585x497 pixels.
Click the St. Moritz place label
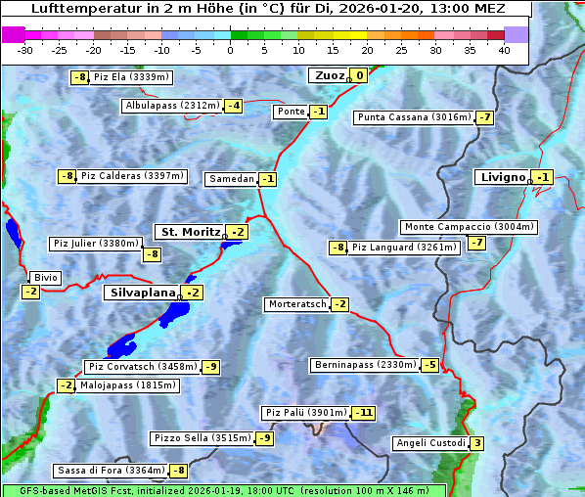coord(190,232)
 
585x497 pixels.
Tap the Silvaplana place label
coord(142,293)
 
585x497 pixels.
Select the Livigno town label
coord(503,177)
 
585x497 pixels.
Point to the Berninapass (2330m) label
coord(365,365)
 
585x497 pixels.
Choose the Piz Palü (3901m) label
coord(304,413)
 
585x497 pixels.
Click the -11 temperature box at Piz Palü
coord(363,413)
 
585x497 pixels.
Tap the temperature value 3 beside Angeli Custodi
coord(476,443)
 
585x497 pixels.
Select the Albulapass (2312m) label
coord(172,106)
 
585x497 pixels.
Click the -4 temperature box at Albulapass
coord(233,106)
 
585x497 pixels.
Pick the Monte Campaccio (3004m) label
coord(469,227)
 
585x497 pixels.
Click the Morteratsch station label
coord(296,304)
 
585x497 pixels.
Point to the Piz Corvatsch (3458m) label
coord(141,367)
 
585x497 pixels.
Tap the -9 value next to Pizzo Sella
coord(264,438)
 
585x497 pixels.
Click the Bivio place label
coord(45,278)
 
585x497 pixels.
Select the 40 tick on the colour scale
coord(504,50)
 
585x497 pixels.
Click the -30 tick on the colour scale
coord(25,50)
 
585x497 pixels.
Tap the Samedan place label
coord(231,179)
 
